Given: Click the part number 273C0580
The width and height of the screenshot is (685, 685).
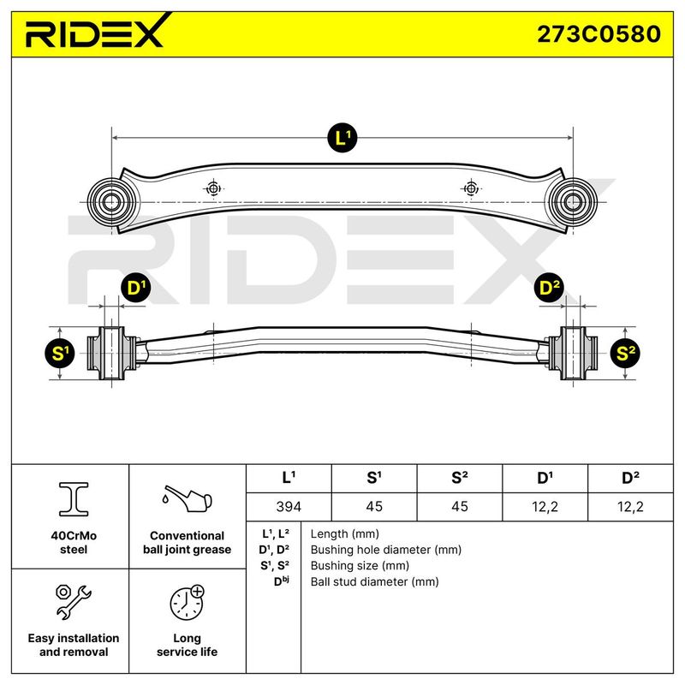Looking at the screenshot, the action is pyautogui.click(x=599, y=34).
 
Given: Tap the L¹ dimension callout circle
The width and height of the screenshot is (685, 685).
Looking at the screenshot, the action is pyautogui.click(x=342, y=138).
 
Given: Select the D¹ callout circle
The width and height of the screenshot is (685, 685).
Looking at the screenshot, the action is pyautogui.click(x=136, y=288).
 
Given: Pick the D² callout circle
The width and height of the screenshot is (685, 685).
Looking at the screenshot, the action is pyautogui.click(x=549, y=288).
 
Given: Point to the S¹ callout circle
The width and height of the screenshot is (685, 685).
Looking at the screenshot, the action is pyautogui.click(x=60, y=353).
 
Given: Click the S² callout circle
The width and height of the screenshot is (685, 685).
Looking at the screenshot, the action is pyautogui.click(x=625, y=353).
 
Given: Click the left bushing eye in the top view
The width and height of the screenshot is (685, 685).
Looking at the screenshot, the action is pyautogui.click(x=111, y=202).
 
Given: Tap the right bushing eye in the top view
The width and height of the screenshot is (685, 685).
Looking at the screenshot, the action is pyautogui.click(x=572, y=202).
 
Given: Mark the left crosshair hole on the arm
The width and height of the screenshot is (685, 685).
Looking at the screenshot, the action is pyautogui.click(x=213, y=188).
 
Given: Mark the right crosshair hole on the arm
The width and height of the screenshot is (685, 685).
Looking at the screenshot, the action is pyautogui.click(x=470, y=188).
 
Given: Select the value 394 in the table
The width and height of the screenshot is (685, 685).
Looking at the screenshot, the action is pyautogui.click(x=289, y=507).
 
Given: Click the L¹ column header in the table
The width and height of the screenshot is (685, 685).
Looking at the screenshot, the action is pyautogui.click(x=289, y=478).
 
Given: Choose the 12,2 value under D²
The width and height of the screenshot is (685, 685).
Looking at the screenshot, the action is pyautogui.click(x=630, y=507).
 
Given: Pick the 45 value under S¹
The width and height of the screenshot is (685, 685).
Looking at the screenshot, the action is pyautogui.click(x=374, y=507).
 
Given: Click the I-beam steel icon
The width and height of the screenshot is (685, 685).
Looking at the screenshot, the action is pyautogui.click(x=74, y=499).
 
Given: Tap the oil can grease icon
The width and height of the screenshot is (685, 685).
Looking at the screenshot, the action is pyautogui.click(x=188, y=498).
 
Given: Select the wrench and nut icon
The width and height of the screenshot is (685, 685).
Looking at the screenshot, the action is pyautogui.click(x=73, y=602).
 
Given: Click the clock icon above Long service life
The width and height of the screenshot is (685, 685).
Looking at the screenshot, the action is pyautogui.click(x=188, y=603).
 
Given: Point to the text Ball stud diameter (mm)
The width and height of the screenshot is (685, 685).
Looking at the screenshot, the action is pyautogui.click(x=374, y=582).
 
